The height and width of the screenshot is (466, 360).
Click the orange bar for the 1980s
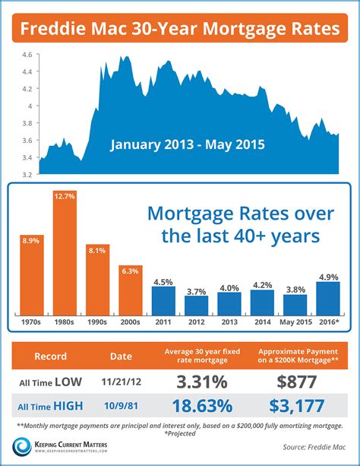(64, 263)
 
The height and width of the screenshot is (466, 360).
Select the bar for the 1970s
(31, 277)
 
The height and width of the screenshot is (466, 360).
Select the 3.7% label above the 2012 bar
(196, 291)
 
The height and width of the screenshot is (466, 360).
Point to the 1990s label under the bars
(96, 322)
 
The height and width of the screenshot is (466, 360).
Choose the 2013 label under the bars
(229, 322)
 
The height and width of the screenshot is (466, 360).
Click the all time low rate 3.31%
(196, 380)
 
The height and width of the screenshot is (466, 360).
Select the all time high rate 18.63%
(196, 406)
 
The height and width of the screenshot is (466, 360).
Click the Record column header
(50, 355)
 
